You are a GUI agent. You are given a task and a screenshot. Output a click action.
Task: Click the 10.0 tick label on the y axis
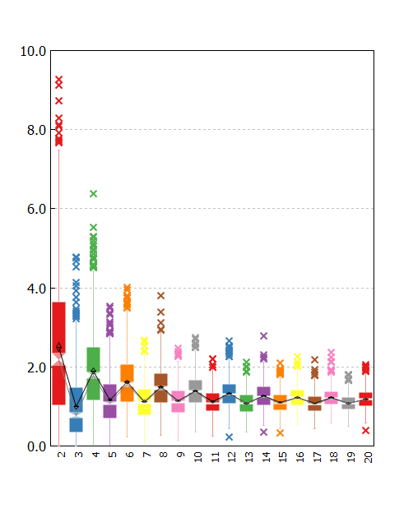coord(33,51)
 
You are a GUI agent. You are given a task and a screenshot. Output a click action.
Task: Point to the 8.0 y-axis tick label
coord(36,130)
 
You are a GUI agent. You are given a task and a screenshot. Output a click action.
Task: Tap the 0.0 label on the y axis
coord(36,446)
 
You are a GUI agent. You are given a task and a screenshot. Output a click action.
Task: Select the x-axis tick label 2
coord(61,455)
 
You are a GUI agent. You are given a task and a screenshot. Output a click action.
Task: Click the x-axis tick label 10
coord(197,457)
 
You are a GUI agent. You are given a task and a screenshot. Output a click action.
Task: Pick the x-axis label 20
coord(368,457)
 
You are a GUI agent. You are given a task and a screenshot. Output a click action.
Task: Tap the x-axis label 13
coord(249,457)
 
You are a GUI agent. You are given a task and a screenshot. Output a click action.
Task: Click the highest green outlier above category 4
coord(93,194)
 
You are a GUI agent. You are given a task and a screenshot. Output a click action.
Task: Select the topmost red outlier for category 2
coord(59,80)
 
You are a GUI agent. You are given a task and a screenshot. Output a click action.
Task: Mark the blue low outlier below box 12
coord(230,437)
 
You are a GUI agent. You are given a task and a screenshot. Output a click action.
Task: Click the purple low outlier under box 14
coord(263,432)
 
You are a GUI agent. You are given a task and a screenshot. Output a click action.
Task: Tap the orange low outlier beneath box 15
coord(280,432)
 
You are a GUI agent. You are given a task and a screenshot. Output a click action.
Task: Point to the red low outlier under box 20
coord(366,431)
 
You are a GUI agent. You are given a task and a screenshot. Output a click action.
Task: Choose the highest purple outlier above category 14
coord(263,335)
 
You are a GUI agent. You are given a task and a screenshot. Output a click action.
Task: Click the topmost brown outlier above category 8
coord(160,296)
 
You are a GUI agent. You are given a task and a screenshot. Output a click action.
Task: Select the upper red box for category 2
coord(59,327)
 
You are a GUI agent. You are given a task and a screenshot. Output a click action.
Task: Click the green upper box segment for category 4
coord(93,359)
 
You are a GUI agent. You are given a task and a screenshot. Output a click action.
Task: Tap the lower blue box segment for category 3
coord(76,425)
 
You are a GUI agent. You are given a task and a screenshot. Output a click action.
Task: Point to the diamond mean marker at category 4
coord(93,371)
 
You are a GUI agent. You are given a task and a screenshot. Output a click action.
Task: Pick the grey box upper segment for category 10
coord(196,385)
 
